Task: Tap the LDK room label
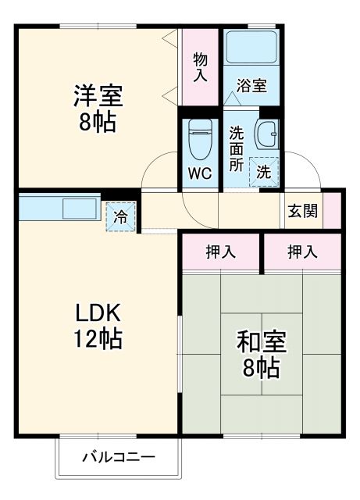click(x=97, y=312)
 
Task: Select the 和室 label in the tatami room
click(x=262, y=342)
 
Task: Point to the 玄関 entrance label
click(x=301, y=211)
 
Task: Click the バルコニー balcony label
click(x=119, y=457)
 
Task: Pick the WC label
click(x=201, y=174)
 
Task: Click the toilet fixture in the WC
click(x=201, y=138)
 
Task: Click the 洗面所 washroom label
click(x=236, y=148)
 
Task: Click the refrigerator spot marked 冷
click(x=120, y=217)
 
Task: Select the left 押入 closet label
click(x=221, y=252)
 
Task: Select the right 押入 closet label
click(x=302, y=252)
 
